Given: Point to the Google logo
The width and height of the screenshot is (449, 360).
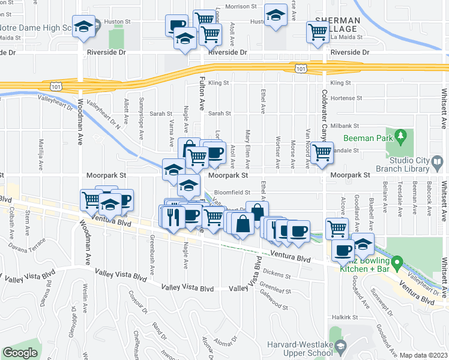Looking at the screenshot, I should click(x=20, y=353).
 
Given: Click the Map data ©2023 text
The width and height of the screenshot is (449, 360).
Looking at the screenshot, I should click(x=423, y=355).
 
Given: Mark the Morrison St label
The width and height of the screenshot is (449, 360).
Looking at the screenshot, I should click(x=228, y=7).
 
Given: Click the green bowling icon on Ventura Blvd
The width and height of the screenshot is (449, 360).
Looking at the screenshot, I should click(x=397, y=262).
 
